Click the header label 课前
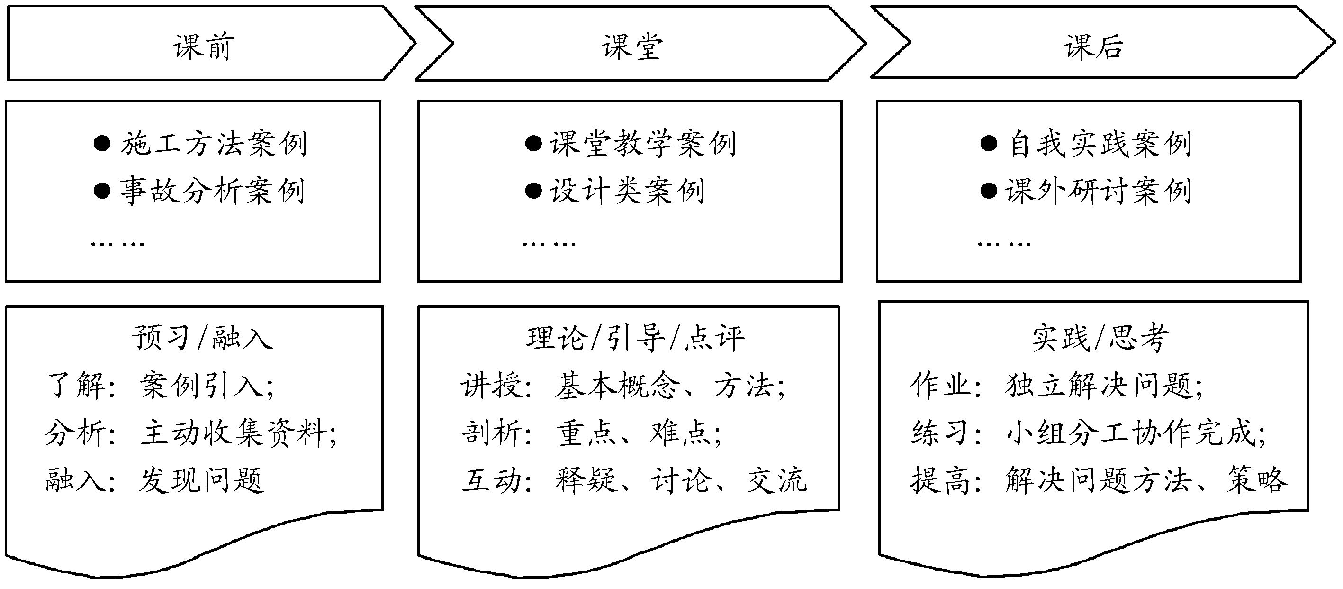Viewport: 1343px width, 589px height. coord(203,46)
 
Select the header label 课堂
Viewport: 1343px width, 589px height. coord(632,46)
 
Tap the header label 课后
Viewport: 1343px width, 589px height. coord(1093,46)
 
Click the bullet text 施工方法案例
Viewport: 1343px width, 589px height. coord(214,144)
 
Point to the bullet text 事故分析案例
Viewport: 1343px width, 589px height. coord(213,192)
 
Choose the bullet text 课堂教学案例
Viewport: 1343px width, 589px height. coord(643,144)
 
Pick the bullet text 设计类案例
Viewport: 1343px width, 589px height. coord(627,192)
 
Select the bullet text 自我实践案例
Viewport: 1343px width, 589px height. coord(1100,144)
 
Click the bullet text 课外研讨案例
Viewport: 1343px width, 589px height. coord(1098,192)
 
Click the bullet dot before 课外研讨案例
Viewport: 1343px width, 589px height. coord(989,191)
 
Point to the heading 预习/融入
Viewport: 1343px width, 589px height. coord(202,338)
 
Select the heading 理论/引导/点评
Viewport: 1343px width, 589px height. coord(635,338)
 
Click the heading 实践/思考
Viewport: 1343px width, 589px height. coord(1100,338)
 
